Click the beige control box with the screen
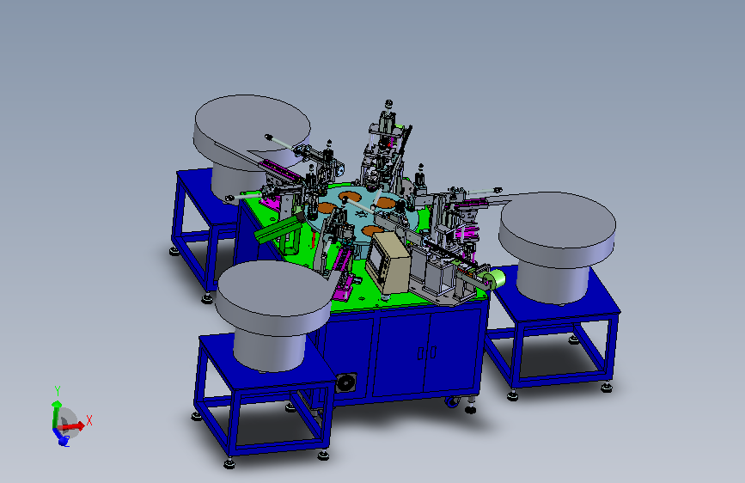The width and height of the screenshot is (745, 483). pyautogui.click(x=388, y=262)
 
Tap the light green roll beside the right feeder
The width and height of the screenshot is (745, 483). pyautogui.click(x=496, y=279)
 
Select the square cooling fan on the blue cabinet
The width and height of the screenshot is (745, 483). pyautogui.click(x=345, y=382)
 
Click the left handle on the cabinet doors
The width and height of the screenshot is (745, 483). pyautogui.click(x=420, y=352)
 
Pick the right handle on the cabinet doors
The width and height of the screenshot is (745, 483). pyautogui.click(x=433, y=352)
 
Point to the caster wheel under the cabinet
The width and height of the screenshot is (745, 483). pyautogui.click(x=452, y=403)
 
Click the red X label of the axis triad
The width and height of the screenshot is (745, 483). pyautogui.click(x=89, y=421)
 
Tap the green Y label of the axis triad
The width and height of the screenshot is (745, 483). pyautogui.click(x=58, y=391)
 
